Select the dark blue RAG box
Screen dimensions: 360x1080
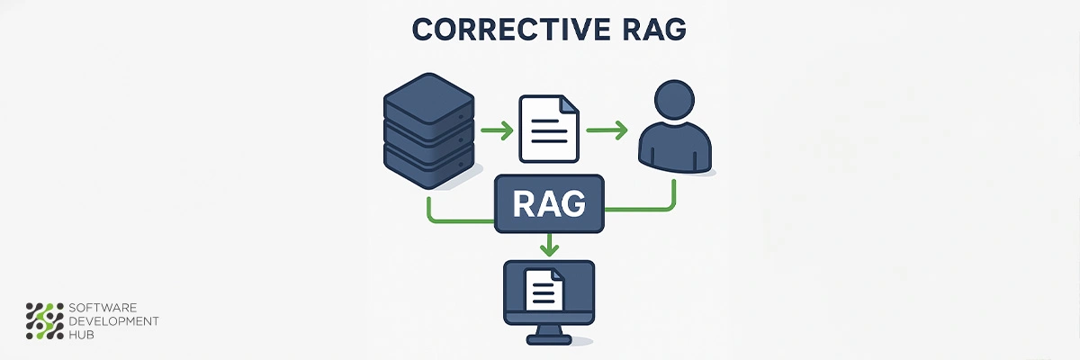point(549,205)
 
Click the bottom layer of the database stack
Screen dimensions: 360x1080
point(427,166)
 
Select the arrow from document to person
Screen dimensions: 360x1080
point(606,131)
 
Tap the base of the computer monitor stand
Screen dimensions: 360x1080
point(549,339)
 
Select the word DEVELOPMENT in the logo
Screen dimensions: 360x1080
point(113,321)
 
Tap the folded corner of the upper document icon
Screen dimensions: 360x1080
point(570,104)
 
